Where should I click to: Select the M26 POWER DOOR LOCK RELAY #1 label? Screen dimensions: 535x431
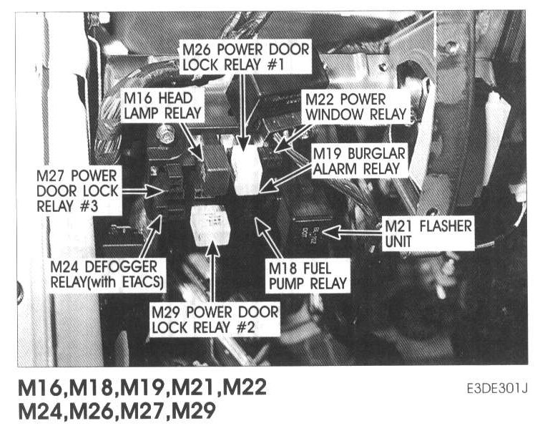tap(245, 57)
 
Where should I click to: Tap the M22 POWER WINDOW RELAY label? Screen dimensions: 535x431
tap(353, 106)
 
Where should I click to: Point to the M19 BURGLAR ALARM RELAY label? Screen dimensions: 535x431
tap(359, 161)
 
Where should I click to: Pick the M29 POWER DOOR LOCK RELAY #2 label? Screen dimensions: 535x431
tap(214, 319)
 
